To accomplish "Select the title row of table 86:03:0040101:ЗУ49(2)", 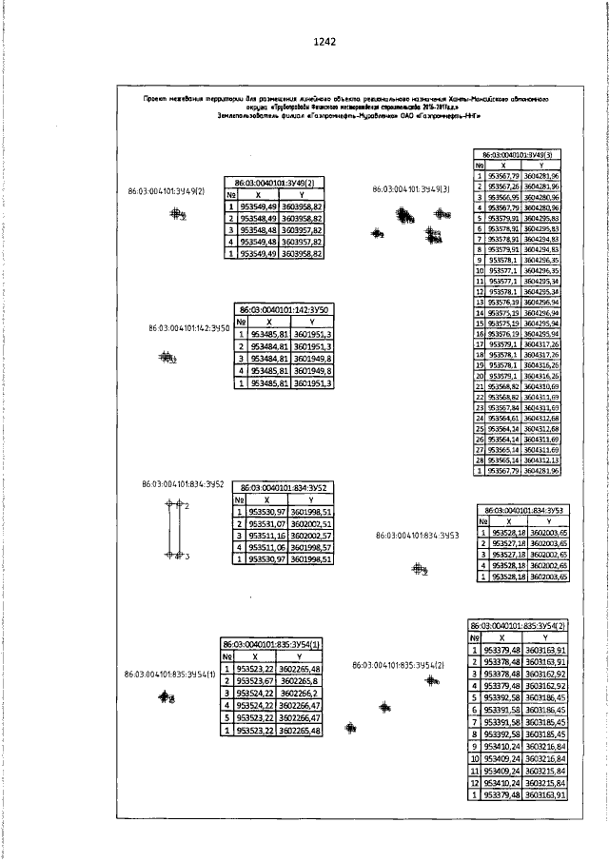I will [274, 181].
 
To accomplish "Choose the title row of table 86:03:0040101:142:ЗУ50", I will [284, 310].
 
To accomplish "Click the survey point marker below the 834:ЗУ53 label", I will [418, 570].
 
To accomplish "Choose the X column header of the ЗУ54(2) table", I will [501, 636].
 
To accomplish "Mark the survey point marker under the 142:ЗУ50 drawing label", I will [167, 358].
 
